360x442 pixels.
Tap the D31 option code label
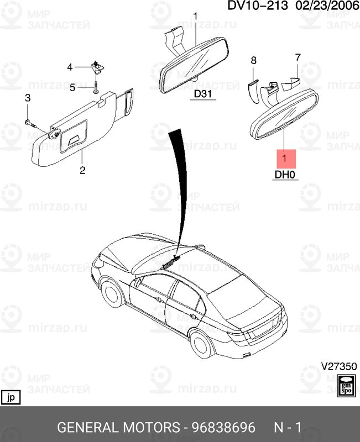click(203, 94)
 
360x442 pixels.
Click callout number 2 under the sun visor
click(82, 170)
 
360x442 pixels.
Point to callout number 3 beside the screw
click(27, 98)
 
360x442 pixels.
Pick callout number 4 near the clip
click(70, 67)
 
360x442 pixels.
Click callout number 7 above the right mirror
click(298, 57)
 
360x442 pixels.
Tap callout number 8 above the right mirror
click(254, 60)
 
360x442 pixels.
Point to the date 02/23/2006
click(326, 7)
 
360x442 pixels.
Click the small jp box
click(11, 397)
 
